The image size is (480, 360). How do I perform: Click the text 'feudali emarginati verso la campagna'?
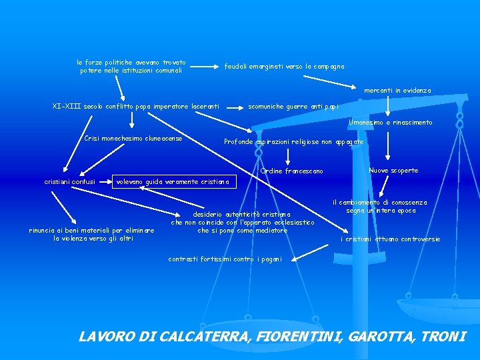click(x=285, y=66)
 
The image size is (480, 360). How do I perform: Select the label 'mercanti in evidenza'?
click(x=397, y=90)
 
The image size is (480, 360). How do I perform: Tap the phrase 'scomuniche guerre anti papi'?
click(x=293, y=106)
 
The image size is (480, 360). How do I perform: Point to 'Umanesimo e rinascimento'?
click(x=391, y=123)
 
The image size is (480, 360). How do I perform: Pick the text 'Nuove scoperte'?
click(x=393, y=171)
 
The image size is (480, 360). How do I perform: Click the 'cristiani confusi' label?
click(x=69, y=181)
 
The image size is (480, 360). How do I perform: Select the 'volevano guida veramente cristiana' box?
click(x=172, y=181)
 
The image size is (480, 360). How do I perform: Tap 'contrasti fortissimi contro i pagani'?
click(x=225, y=259)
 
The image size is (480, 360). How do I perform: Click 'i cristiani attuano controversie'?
click(x=390, y=239)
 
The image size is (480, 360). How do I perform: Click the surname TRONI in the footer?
click(x=443, y=336)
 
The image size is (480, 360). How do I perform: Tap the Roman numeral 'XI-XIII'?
click(x=65, y=106)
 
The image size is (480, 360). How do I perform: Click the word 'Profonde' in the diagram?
click(x=238, y=142)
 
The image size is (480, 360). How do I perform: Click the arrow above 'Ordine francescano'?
click(x=288, y=156)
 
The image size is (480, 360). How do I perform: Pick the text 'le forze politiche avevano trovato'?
click(x=131, y=62)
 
